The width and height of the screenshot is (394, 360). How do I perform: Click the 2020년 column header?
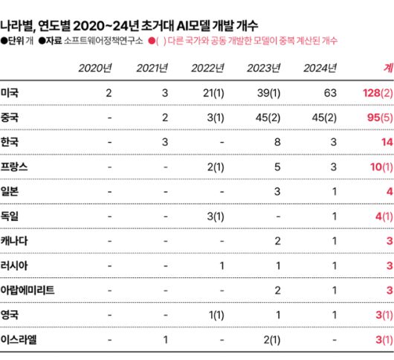[x=94, y=69]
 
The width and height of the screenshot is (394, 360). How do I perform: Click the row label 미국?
[x=10, y=93]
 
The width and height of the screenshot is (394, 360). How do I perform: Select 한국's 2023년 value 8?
[x=277, y=142]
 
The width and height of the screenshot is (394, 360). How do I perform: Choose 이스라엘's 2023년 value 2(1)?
[x=269, y=339]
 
